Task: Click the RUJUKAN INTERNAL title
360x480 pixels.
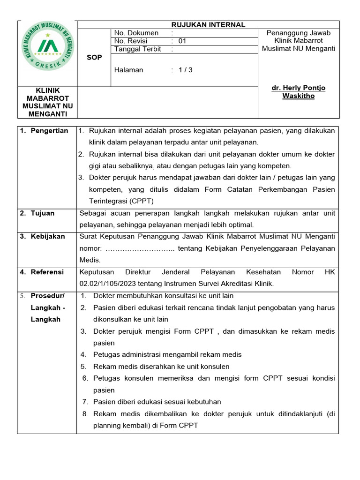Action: [208, 25]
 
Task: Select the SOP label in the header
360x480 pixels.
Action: [94, 57]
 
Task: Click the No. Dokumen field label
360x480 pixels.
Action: [136, 33]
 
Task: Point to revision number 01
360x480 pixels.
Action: [182, 41]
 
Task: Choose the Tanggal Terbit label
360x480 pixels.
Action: [138, 49]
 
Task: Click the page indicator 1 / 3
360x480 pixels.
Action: [186, 70]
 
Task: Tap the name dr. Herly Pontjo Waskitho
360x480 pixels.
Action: [299, 92]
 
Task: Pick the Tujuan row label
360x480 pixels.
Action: [43, 213]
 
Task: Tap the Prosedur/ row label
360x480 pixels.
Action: [48, 296]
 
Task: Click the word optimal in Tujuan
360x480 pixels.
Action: [240, 225]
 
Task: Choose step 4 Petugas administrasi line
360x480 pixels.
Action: [167, 355]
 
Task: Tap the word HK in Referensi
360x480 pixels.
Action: [330, 272]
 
